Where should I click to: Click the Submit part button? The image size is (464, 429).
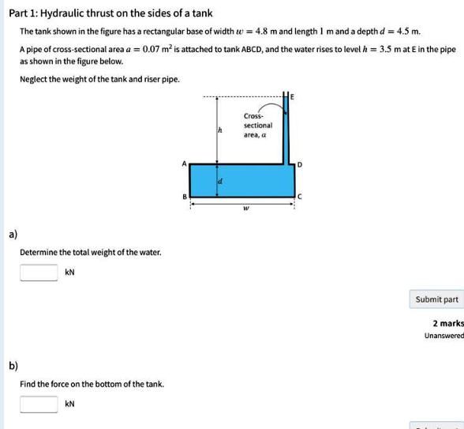tap(436, 299)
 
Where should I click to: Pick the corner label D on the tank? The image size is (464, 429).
tap(299, 164)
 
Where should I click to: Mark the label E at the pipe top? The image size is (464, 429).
tap(292, 97)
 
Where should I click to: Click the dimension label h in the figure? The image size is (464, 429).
tap(219, 131)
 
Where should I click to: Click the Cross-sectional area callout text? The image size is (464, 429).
tap(258, 125)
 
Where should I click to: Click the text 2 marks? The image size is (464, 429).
tap(447, 323)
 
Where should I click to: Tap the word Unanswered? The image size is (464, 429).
tap(443, 336)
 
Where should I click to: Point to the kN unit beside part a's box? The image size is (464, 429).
tap(70, 273)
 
